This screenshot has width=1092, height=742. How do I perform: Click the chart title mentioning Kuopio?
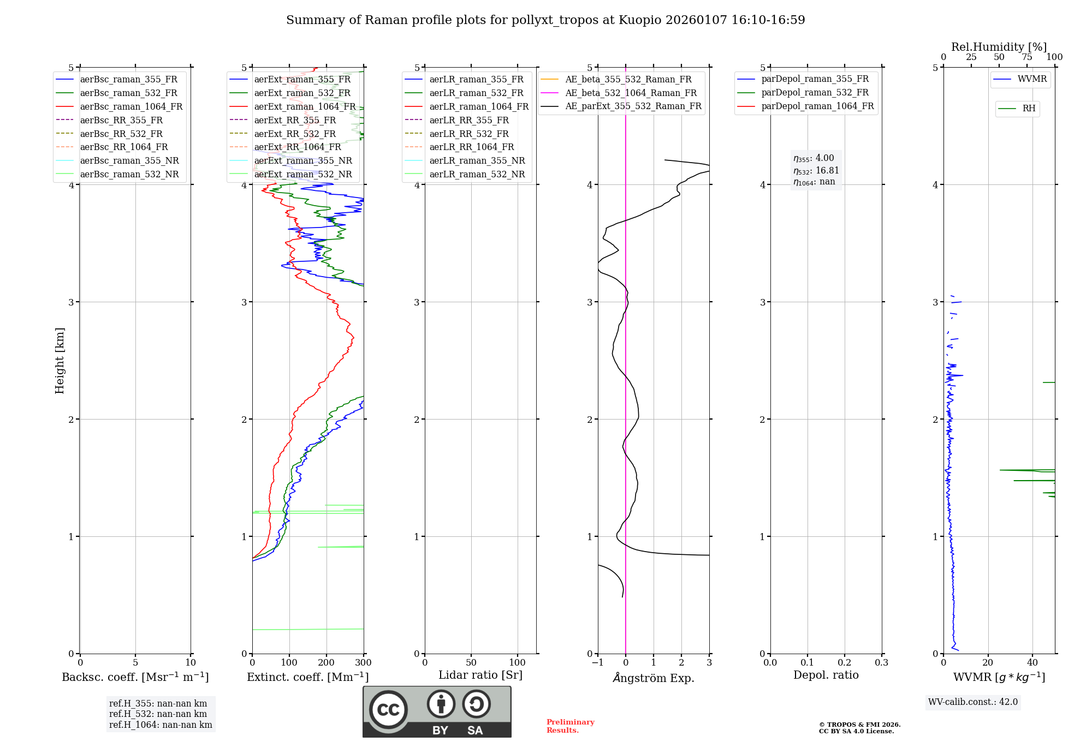click(545, 20)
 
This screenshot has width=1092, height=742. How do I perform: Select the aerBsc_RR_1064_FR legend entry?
click(124, 147)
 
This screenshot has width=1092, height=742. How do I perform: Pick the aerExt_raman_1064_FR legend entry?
click(305, 107)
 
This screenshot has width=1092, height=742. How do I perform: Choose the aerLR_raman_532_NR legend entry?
click(477, 175)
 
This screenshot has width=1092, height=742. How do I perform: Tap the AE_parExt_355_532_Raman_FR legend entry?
click(633, 106)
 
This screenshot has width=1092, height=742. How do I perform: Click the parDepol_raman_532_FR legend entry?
click(815, 93)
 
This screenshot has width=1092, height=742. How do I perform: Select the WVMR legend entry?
click(1032, 79)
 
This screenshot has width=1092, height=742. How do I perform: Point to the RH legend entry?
click(1029, 109)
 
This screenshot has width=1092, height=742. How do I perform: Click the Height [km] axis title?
click(60, 361)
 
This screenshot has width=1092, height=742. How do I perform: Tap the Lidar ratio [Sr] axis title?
click(480, 675)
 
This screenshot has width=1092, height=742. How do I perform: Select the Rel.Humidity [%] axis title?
click(999, 47)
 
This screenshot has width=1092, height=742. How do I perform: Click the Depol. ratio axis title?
click(826, 675)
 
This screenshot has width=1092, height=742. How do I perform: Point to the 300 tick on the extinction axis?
click(363, 663)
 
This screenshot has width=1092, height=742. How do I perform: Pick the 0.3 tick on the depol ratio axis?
click(881, 663)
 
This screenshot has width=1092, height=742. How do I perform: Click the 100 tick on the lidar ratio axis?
click(518, 663)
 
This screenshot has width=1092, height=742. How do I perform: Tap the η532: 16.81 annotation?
click(816, 171)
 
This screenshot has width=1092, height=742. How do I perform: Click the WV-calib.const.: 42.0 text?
click(973, 702)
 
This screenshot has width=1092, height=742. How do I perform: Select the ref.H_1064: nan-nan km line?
click(161, 725)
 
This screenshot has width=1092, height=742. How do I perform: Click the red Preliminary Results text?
click(570, 726)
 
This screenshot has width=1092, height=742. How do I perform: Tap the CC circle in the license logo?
click(388, 710)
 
